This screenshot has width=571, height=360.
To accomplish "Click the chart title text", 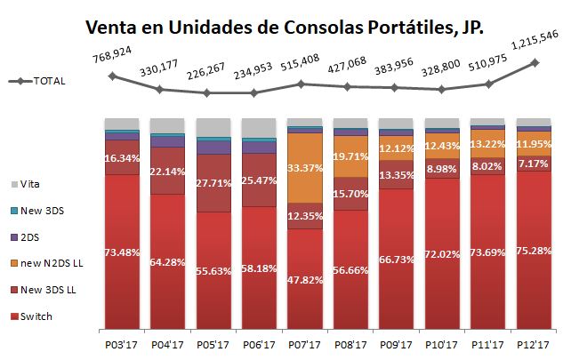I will click(x=285, y=27).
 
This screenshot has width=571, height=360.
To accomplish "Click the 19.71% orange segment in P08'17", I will click(x=350, y=156).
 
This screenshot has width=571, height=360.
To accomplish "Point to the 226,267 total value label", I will click(x=207, y=75).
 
